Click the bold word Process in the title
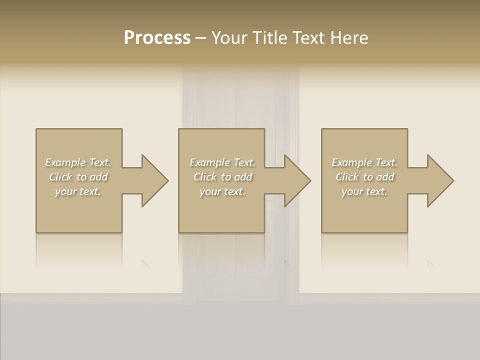pos(157,38)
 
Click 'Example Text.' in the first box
pos(78,162)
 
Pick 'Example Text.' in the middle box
pos(222,162)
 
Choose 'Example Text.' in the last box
pos(364,162)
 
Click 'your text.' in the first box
pos(78,191)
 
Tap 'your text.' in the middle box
pos(222,191)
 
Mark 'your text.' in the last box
pos(364,191)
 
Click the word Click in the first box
pos(60,177)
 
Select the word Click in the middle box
pos(205,177)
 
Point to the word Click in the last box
pos(347,177)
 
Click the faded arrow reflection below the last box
pos(430,263)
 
